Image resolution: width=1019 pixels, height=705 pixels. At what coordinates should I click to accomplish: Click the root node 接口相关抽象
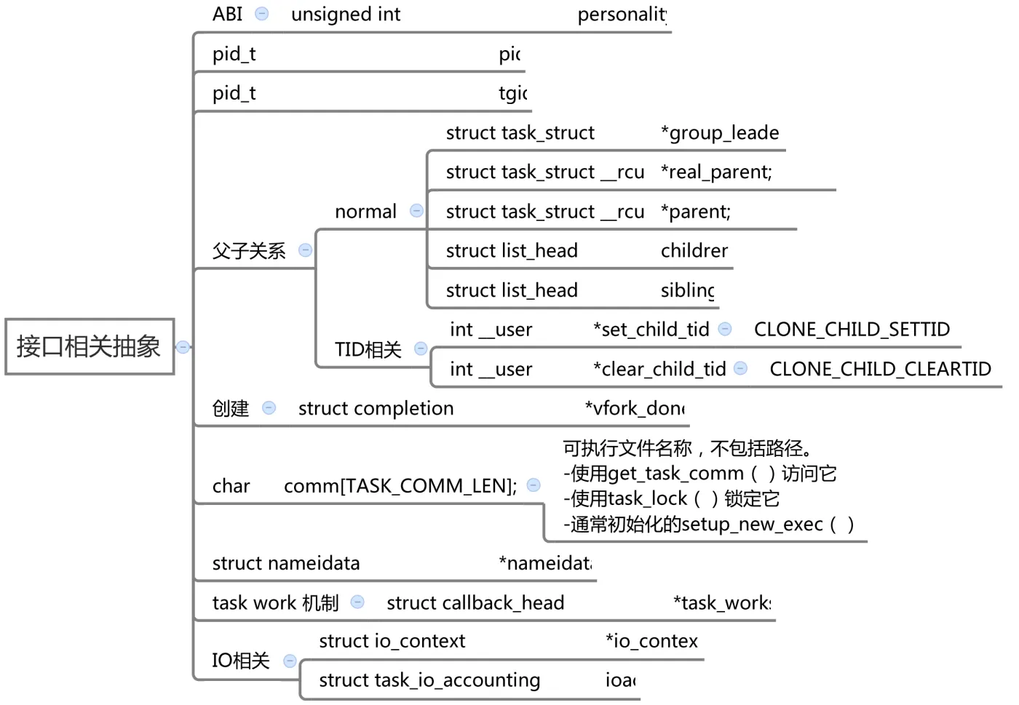[x=89, y=346]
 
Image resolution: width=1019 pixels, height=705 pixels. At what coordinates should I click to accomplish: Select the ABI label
[x=227, y=15]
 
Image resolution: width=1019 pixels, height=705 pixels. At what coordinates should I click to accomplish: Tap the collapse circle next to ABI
[x=262, y=14]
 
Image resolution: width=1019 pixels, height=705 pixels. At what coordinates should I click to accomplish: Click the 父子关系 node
[x=249, y=251]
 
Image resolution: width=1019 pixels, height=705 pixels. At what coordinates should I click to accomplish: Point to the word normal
[x=365, y=212]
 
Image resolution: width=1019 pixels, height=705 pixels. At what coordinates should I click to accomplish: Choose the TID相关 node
[x=368, y=350]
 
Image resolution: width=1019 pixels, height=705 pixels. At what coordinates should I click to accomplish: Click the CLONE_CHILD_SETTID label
[x=852, y=330]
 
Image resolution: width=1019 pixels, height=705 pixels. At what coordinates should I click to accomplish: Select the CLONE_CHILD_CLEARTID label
[x=880, y=369]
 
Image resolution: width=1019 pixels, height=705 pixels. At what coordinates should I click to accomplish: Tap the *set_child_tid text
[x=651, y=330]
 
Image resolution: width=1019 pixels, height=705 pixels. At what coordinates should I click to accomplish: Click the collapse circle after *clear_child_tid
[x=740, y=368]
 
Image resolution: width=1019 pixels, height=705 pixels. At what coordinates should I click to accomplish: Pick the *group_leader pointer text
[x=719, y=133]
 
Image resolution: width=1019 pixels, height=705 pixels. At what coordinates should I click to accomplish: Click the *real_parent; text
[x=716, y=172]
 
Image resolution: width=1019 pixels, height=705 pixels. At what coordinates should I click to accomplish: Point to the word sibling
[x=687, y=290]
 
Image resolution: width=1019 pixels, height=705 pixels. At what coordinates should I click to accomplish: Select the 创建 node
[x=231, y=409]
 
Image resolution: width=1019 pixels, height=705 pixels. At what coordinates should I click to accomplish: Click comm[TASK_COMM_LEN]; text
[x=400, y=486]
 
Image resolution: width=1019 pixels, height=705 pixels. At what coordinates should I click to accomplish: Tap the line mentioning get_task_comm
[x=699, y=474]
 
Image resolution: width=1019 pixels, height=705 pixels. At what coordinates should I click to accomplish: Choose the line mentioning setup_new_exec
[x=708, y=525]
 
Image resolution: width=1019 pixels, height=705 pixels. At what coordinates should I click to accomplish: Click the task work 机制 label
[x=275, y=603]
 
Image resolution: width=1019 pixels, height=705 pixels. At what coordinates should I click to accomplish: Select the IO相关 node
[x=241, y=661]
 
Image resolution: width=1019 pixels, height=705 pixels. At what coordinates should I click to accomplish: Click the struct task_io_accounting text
[x=429, y=680]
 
